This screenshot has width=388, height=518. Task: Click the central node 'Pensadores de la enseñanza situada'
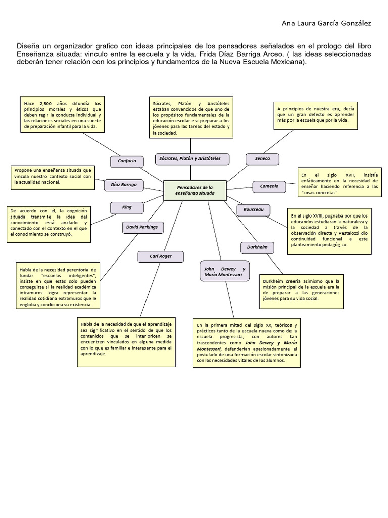pyautogui.click(x=195, y=190)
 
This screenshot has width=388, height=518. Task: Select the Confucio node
pyautogui.click(x=127, y=161)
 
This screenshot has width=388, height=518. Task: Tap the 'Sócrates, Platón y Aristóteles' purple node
pyautogui.click(x=191, y=159)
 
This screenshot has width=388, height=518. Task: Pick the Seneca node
pyautogui.click(x=262, y=159)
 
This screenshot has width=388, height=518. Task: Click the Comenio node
pyautogui.click(x=269, y=186)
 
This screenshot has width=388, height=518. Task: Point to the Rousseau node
pyautogui.click(x=253, y=209)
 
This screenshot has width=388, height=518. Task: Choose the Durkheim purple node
pyautogui.click(x=257, y=247)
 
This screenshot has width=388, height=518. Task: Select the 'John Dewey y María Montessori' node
pyautogui.click(x=224, y=272)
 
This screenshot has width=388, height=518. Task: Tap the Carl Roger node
pyautogui.click(x=160, y=256)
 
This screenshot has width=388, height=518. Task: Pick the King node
pyautogui.click(x=127, y=207)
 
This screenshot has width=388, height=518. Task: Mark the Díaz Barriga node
pyautogui.click(x=124, y=185)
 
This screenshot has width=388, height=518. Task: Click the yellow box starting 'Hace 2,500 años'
pyautogui.click(x=63, y=114)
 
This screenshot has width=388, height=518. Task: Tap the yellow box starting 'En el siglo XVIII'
pyautogui.click(x=329, y=231)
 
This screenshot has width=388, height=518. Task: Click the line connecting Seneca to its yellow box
pyautogui.click(x=277, y=142)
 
